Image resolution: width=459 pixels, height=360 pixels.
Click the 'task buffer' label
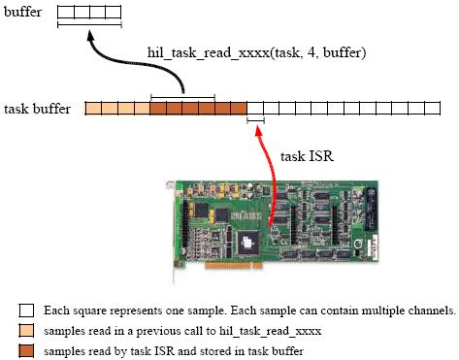(x=38, y=109)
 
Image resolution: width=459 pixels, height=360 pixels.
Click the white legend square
(x=26, y=311)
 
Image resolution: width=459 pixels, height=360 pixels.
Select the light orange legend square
(x=26, y=331)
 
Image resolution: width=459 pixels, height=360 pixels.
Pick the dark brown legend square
(x=26, y=350)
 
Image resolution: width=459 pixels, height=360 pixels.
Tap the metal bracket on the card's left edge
(x=174, y=218)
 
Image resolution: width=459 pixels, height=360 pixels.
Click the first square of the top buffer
(x=64, y=13)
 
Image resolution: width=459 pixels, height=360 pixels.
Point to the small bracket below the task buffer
(x=256, y=121)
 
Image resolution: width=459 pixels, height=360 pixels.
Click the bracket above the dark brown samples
(x=182, y=96)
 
